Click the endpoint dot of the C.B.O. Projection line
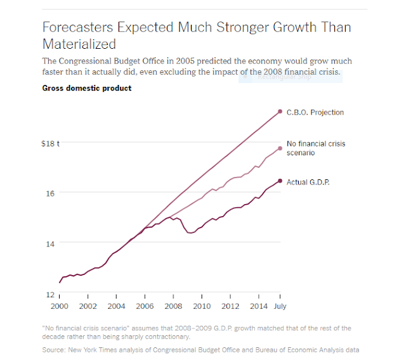[280, 112]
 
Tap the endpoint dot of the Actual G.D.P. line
[280, 181]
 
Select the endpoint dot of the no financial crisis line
[280, 148]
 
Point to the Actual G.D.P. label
[313, 182]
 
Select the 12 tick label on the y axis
[51, 294]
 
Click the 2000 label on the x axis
[60, 305]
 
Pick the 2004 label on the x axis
[116, 305]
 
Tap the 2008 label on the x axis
[173, 305]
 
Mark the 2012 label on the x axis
[230, 305]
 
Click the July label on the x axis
[280, 305]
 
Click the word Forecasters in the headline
[79, 28]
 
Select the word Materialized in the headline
[79, 44]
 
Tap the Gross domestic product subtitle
[87, 88]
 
